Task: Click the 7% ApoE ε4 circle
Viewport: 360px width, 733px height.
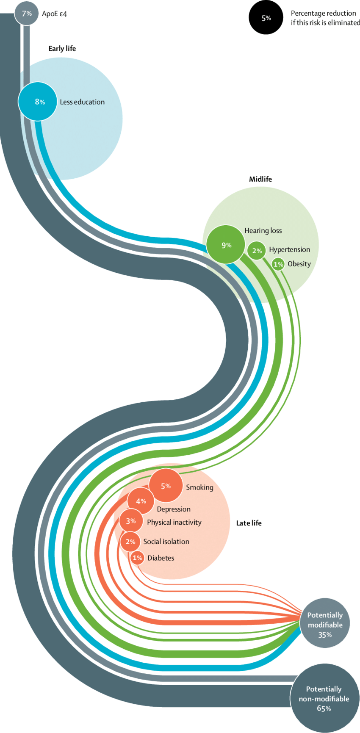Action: click(26, 14)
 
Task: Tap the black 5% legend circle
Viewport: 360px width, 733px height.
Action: click(266, 18)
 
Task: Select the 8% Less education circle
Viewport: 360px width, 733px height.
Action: click(38, 102)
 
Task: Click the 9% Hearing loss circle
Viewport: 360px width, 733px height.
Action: click(226, 245)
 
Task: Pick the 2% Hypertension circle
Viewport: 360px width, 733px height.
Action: click(257, 251)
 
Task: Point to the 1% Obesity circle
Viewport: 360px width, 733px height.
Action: click(278, 264)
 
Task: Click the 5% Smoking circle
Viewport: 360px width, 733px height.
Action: click(166, 486)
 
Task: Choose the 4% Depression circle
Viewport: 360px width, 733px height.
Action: click(141, 501)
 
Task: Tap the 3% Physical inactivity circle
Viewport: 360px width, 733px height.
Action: click(131, 521)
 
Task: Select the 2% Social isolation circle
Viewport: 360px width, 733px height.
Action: click(130, 542)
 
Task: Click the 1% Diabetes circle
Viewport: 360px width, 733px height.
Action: click(138, 558)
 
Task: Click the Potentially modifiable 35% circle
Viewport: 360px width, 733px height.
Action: click(325, 623)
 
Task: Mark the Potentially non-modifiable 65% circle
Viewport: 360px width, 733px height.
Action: click(324, 698)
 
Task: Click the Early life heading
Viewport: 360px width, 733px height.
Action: click(62, 49)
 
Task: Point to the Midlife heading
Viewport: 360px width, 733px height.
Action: click(260, 179)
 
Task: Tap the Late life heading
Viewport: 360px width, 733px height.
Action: click(249, 523)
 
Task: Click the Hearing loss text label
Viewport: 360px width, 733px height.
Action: click(263, 231)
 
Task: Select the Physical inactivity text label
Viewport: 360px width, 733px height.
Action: click(174, 522)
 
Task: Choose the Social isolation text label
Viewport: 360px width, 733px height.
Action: click(166, 542)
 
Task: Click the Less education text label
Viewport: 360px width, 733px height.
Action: click(82, 102)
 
